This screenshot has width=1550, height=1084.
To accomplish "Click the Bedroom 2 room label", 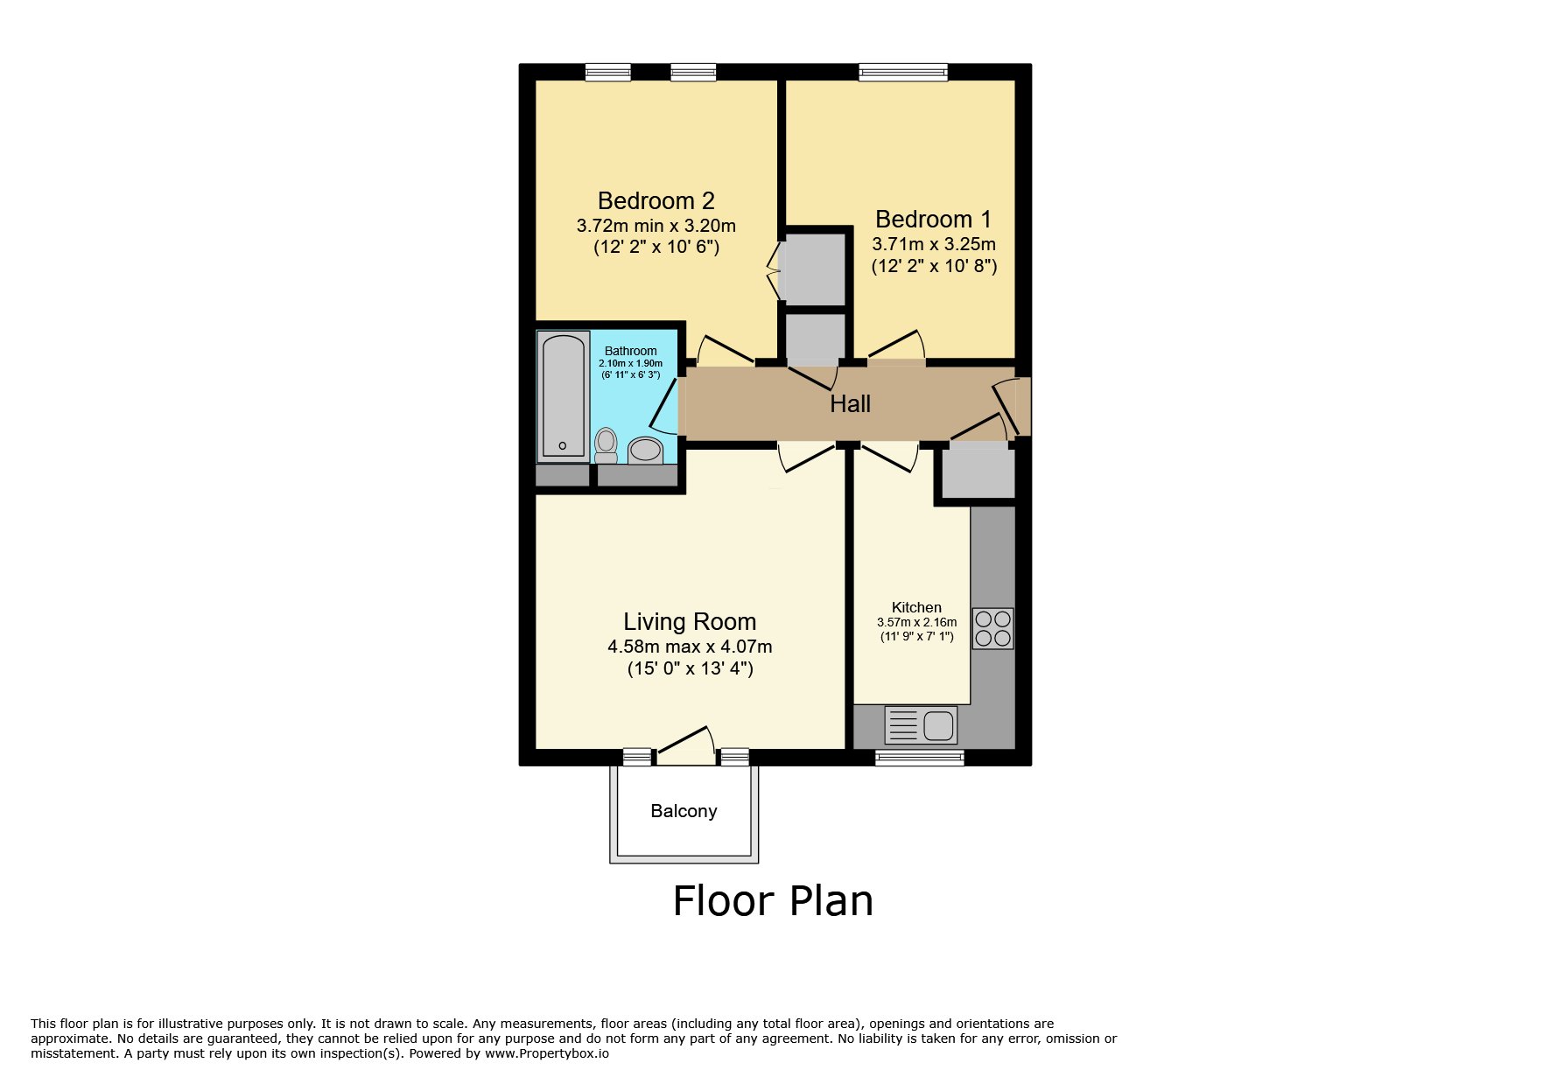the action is click(656, 201).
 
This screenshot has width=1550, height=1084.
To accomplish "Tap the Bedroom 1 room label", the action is click(933, 219).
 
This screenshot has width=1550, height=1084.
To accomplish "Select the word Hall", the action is click(850, 404).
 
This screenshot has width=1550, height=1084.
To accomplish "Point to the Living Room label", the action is click(690, 622).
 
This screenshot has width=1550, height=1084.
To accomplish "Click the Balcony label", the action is click(684, 811).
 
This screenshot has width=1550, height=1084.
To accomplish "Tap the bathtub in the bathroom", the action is click(563, 396).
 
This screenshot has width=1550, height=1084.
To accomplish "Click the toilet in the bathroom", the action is click(606, 445).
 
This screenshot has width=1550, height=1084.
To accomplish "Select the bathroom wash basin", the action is click(646, 451).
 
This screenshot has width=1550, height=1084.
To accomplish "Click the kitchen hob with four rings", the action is click(992, 628).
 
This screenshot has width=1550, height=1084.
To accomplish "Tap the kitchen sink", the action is click(921, 725).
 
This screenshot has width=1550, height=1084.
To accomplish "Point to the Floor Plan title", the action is click(773, 901).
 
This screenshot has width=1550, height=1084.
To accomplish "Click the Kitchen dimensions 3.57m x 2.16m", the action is click(916, 622).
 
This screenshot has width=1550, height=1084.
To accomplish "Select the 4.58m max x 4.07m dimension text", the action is click(690, 647).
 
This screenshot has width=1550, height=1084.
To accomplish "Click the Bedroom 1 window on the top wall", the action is click(903, 72).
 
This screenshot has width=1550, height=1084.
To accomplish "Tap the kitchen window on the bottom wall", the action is click(920, 758).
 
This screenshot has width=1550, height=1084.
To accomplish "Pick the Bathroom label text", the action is click(630, 351).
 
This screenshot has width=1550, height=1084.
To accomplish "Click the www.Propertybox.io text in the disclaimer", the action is click(546, 1053).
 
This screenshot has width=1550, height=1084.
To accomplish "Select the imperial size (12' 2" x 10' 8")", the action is click(934, 266).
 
